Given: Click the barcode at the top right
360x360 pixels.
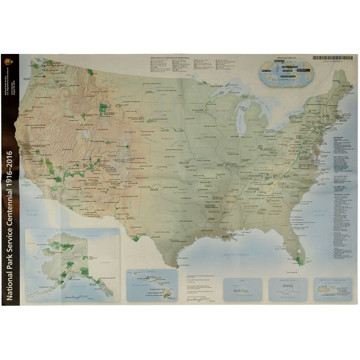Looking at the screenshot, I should click(x=332, y=58).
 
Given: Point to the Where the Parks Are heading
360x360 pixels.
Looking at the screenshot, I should click(x=286, y=59).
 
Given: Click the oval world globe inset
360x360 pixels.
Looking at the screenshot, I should click(x=286, y=73).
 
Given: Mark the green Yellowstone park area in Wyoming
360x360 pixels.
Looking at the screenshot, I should click(x=103, y=109).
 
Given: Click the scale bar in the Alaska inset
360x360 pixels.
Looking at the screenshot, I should click(x=80, y=295).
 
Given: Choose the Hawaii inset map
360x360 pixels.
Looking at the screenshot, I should click(x=151, y=285).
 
